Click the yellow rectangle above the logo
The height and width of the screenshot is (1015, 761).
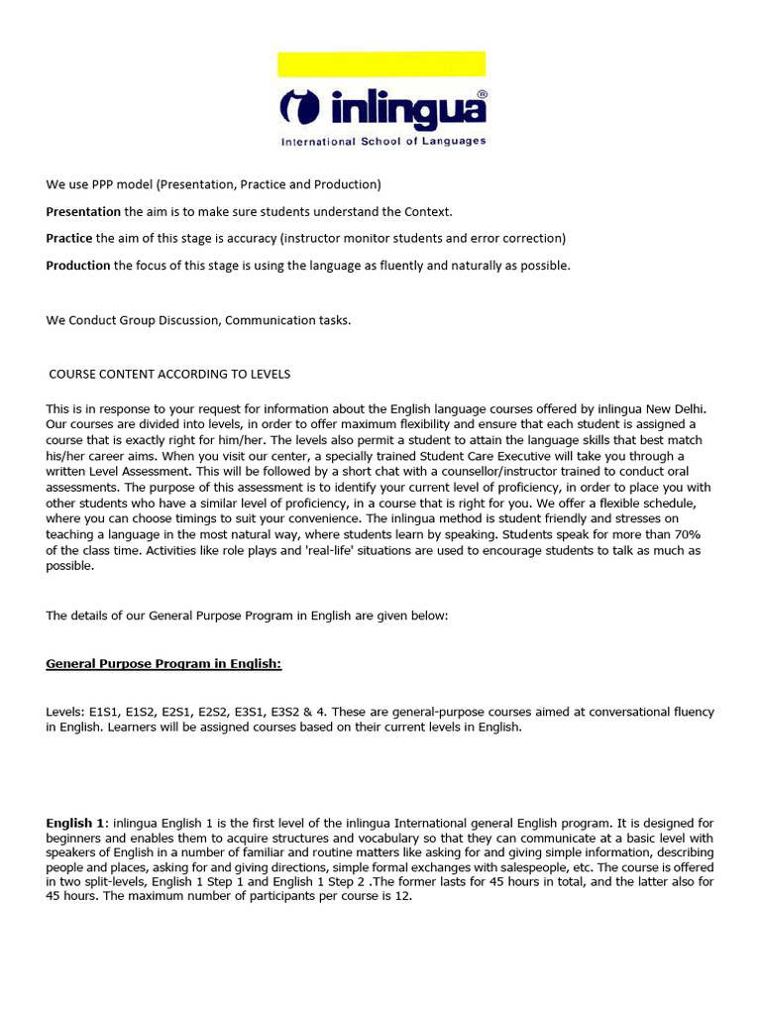coord(381,64)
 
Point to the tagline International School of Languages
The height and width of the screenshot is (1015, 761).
coord(383,141)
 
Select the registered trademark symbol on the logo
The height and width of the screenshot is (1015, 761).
coord(482,93)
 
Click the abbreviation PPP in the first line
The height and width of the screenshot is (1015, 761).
coord(103,184)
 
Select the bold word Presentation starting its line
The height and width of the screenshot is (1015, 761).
coord(83,211)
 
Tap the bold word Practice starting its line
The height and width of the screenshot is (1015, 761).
coord(69,238)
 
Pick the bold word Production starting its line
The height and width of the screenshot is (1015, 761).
coord(78,265)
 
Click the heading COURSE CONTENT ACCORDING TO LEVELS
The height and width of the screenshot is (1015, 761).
coord(169,374)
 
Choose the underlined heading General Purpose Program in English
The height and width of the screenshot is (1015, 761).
coord(163,663)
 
